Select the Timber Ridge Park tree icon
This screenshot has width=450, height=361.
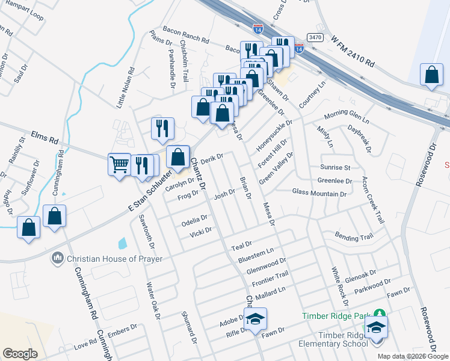click(x=380, y=313)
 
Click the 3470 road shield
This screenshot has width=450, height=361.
click(x=315, y=37)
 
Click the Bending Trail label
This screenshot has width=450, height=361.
click(x=354, y=235)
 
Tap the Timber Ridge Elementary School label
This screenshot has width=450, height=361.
click(x=334, y=339)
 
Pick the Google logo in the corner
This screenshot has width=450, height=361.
click(x=20, y=353)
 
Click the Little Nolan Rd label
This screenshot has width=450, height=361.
click(x=125, y=88)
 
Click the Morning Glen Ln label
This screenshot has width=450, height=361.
click(x=348, y=114)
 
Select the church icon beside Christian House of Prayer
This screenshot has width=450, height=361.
click(x=58, y=258)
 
